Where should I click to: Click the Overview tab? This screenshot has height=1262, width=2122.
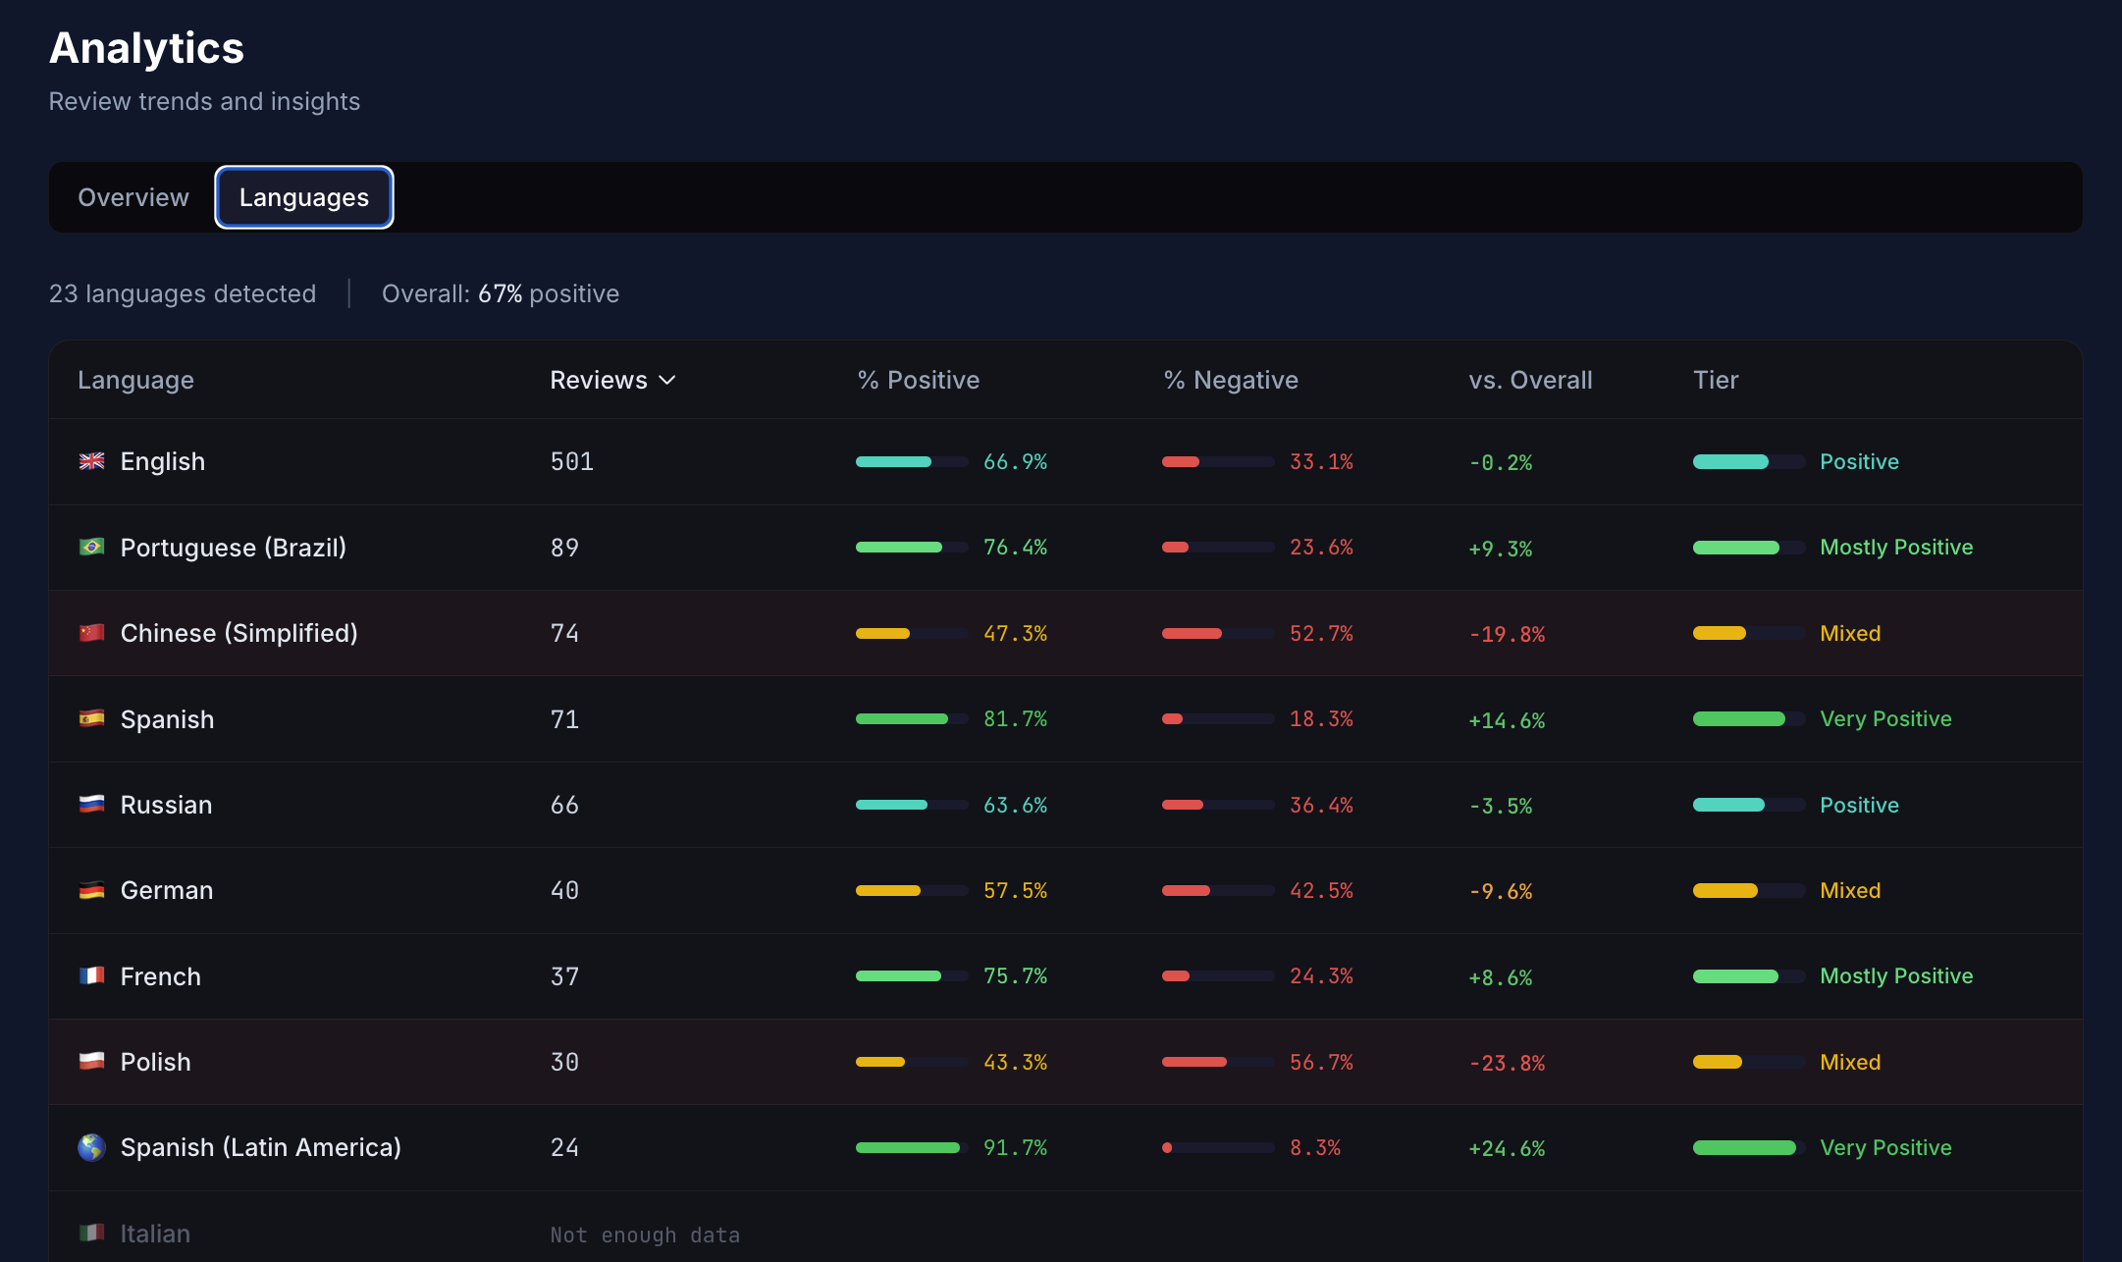[133, 197]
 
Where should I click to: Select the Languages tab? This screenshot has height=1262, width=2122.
[304, 197]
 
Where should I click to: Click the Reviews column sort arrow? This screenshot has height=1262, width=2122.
[667, 381]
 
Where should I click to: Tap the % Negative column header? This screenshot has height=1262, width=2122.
[1230, 381]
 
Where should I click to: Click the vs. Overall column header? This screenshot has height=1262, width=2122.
[1529, 381]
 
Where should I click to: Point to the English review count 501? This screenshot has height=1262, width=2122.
[571, 461]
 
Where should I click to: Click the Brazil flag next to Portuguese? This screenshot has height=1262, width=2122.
[92, 547]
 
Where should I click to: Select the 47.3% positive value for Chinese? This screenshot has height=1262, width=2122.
[1015, 634]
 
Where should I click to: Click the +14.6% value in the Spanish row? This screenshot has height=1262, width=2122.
[1506, 720]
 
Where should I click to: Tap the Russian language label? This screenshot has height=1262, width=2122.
[166, 805]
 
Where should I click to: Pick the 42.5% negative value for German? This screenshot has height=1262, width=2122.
[1320, 891]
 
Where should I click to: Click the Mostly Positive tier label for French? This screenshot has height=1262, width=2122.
[1895, 976]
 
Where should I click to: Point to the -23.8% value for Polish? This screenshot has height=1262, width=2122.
[1506, 1063]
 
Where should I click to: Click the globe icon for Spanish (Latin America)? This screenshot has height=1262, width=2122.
[92, 1147]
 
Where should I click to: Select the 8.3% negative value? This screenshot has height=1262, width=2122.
[1314, 1148]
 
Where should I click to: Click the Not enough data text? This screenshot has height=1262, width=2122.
[645, 1235]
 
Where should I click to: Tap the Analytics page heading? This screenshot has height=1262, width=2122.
[146, 48]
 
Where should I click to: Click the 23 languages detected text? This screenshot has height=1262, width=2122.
[183, 293]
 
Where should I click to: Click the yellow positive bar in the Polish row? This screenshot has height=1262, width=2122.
[880, 1062]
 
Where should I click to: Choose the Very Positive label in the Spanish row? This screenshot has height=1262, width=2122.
[1884, 719]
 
